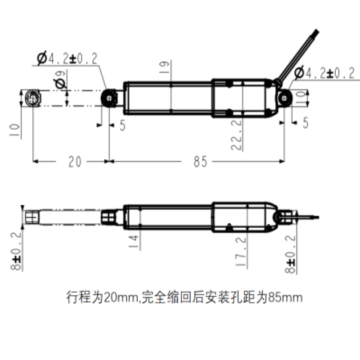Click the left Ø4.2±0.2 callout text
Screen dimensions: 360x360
click(x=67, y=58)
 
